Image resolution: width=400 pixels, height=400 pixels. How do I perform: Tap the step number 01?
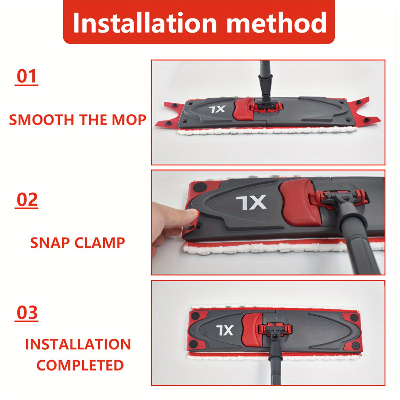pos(26,76)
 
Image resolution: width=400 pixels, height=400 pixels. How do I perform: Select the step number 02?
pos(27,200)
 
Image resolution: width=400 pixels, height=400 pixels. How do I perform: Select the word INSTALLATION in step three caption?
pos(78,344)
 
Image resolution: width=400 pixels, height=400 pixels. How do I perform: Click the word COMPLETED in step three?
pos(80,365)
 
